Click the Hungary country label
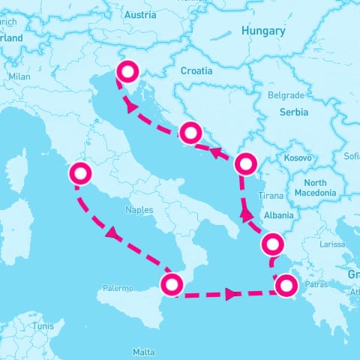262,31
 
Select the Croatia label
197,70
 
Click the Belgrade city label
286,95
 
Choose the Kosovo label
297,159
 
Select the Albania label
280,214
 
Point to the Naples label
139,210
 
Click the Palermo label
118,288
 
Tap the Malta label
144,351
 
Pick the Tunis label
43,326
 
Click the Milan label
19,76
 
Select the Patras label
317,286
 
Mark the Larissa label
332,244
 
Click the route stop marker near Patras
286,285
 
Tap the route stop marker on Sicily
172,284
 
